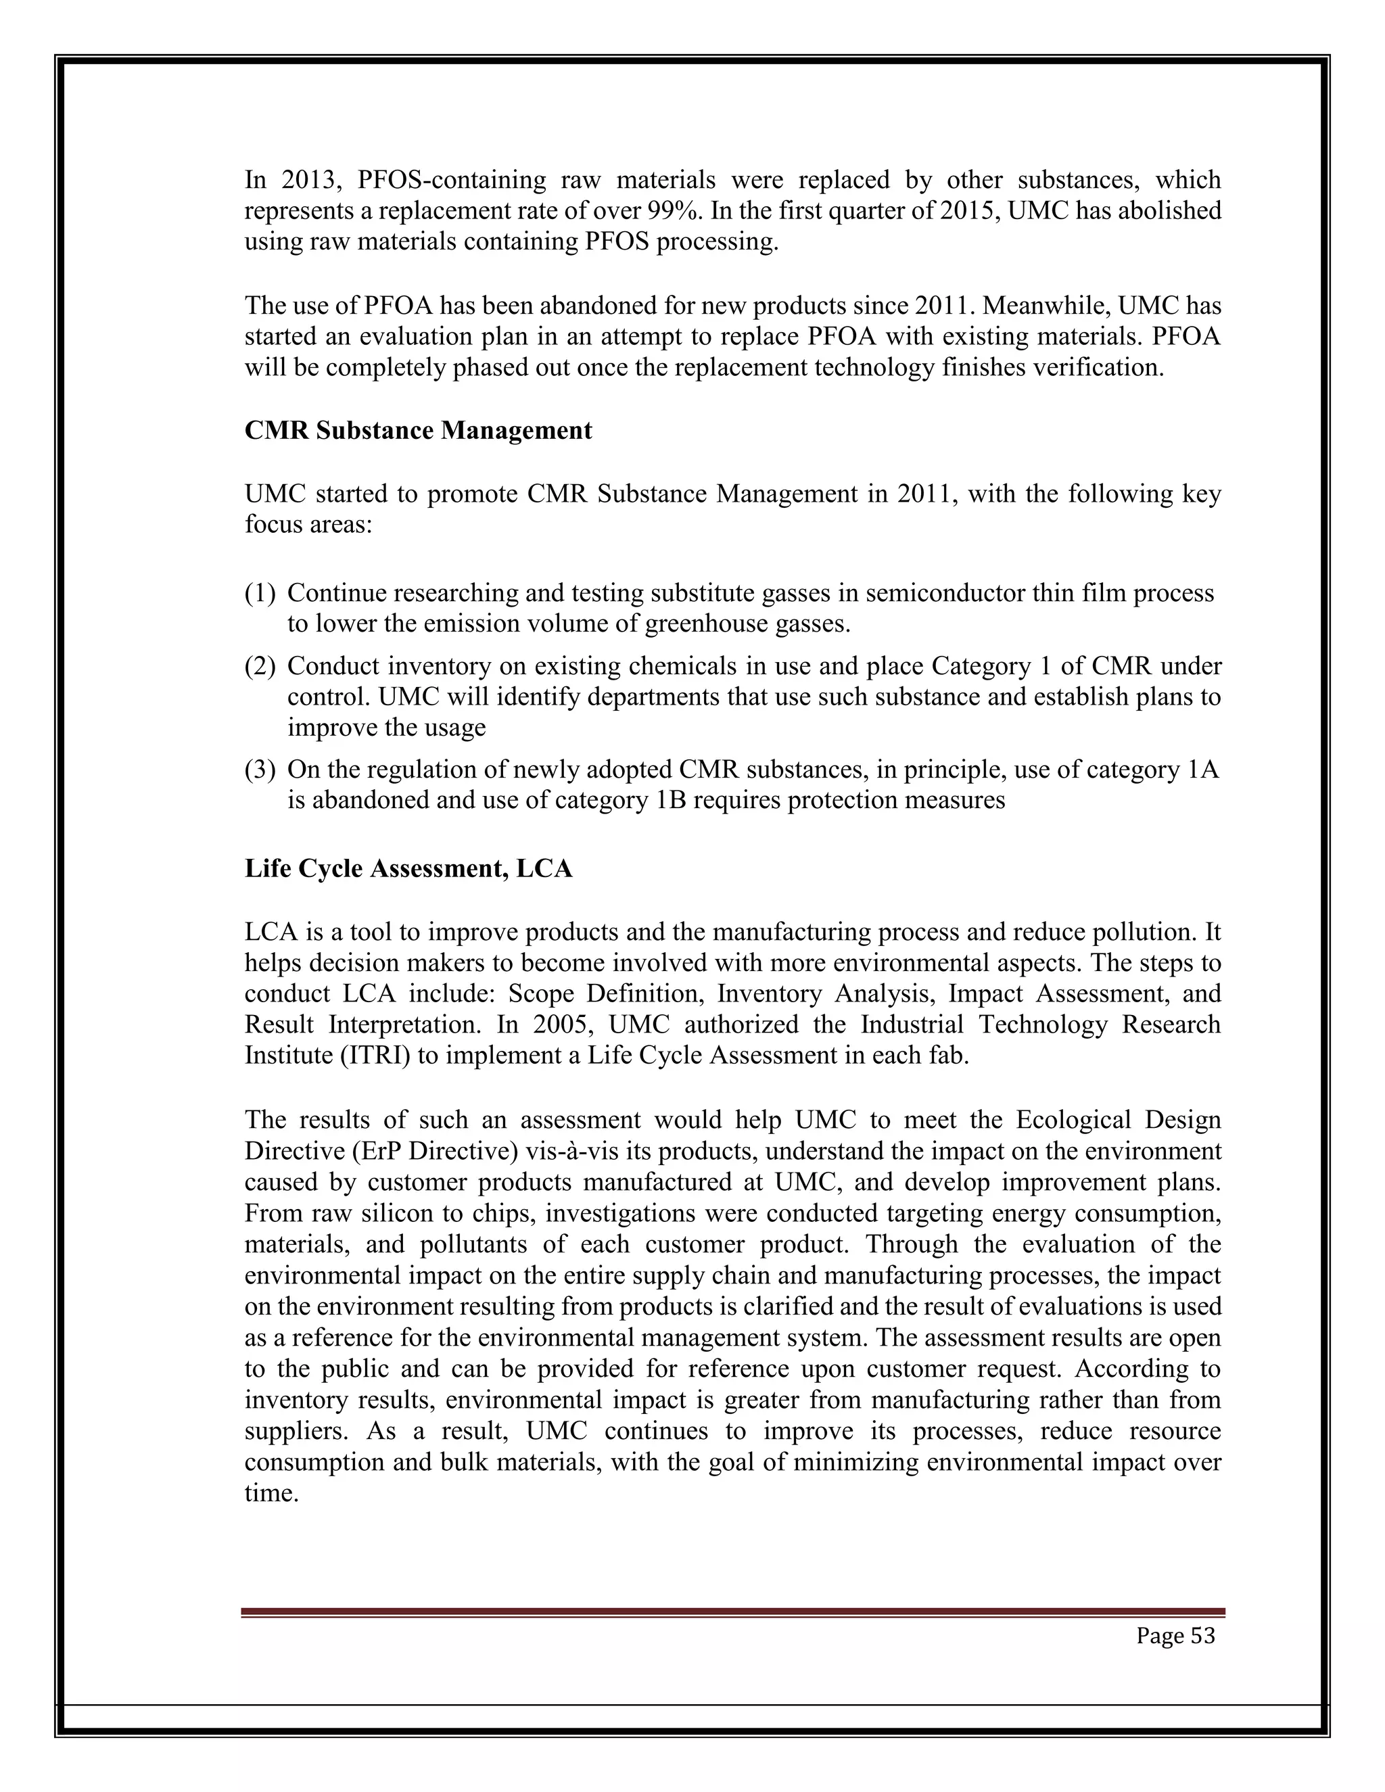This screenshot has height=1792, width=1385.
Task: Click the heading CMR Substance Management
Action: pos(418,431)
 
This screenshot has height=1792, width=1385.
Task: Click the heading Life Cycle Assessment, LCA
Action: pos(408,869)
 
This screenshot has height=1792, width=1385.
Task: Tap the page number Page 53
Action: pos(1175,1635)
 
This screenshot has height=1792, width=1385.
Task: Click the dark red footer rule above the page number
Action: pos(732,1612)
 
